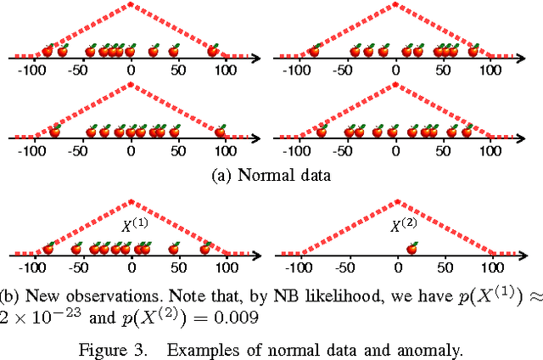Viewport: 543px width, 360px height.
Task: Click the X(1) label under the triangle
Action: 134,227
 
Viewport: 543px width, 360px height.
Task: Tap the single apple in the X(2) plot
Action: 412,249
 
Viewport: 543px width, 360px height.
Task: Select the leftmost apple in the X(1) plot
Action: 48,249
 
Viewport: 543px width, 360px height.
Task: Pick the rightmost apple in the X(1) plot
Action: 205,249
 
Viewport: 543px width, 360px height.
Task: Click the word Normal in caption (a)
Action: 261,176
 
